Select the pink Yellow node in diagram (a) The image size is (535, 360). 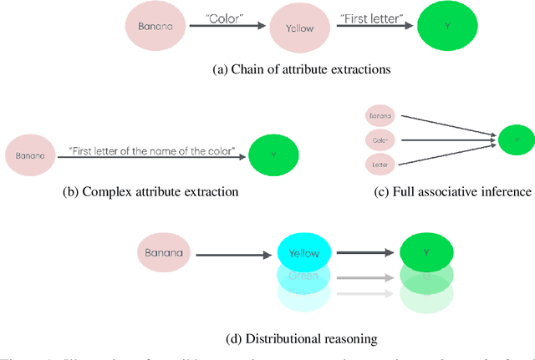(x=300, y=28)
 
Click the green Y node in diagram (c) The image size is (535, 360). (x=516, y=140)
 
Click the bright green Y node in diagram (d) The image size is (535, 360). (x=426, y=251)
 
